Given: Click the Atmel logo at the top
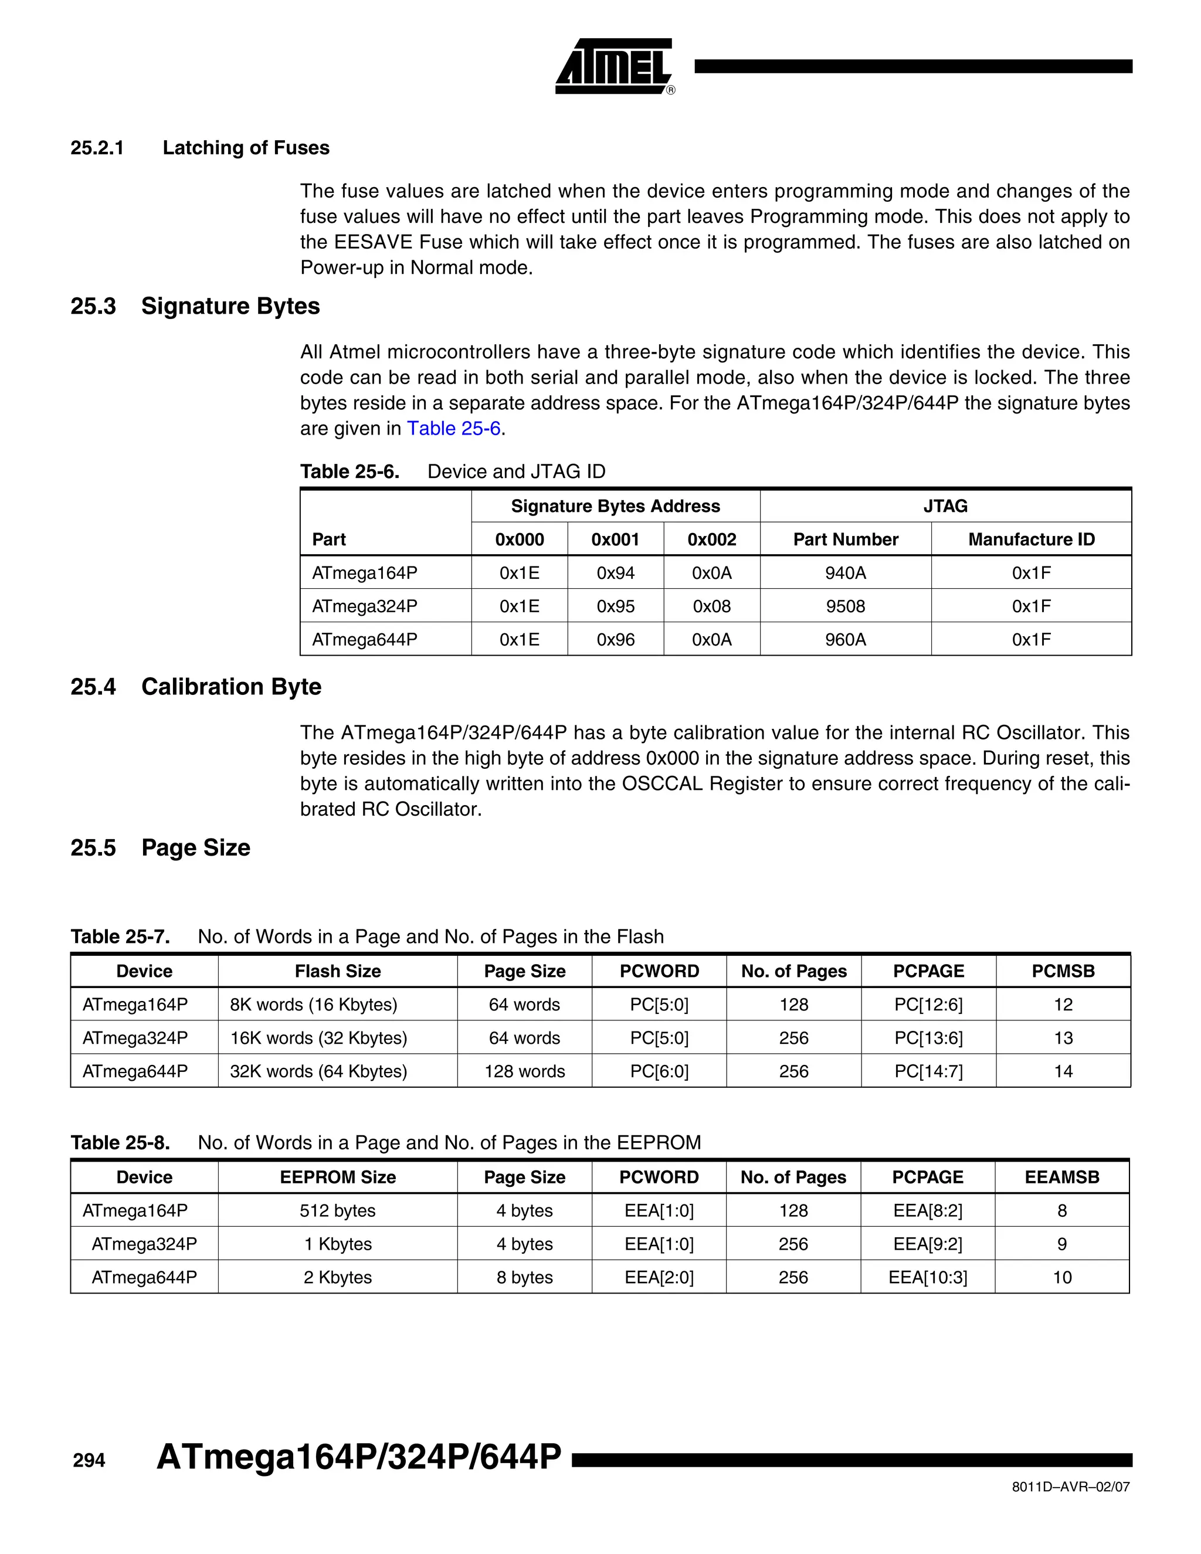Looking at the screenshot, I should (x=614, y=66).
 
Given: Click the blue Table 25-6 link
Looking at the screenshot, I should (x=453, y=428).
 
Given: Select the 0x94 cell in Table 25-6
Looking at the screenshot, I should (x=615, y=573).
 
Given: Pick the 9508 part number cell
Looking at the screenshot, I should (x=845, y=606).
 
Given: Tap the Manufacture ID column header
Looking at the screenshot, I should (x=1031, y=540).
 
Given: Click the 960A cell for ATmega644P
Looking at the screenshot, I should (x=845, y=640).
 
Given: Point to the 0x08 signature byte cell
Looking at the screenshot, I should (x=711, y=606).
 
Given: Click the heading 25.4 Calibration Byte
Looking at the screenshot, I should (x=196, y=687).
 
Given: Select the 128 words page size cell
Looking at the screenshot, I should (x=524, y=1071).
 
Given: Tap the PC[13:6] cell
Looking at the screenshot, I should (x=928, y=1038).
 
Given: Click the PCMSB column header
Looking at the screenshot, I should (x=1063, y=971).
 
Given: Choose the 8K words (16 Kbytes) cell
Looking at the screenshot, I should (x=314, y=1005).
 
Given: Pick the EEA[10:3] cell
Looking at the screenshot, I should (x=928, y=1277).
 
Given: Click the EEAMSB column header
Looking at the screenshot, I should (x=1061, y=1177).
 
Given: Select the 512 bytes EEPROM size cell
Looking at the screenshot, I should (x=337, y=1210).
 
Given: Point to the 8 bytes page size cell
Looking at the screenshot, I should (x=524, y=1277).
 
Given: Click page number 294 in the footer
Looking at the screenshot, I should (x=89, y=1461).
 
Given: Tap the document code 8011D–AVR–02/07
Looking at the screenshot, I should (x=1070, y=1487).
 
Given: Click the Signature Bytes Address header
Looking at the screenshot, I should (x=615, y=506).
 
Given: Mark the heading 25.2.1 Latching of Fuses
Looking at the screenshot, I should (x=200, y=148).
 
